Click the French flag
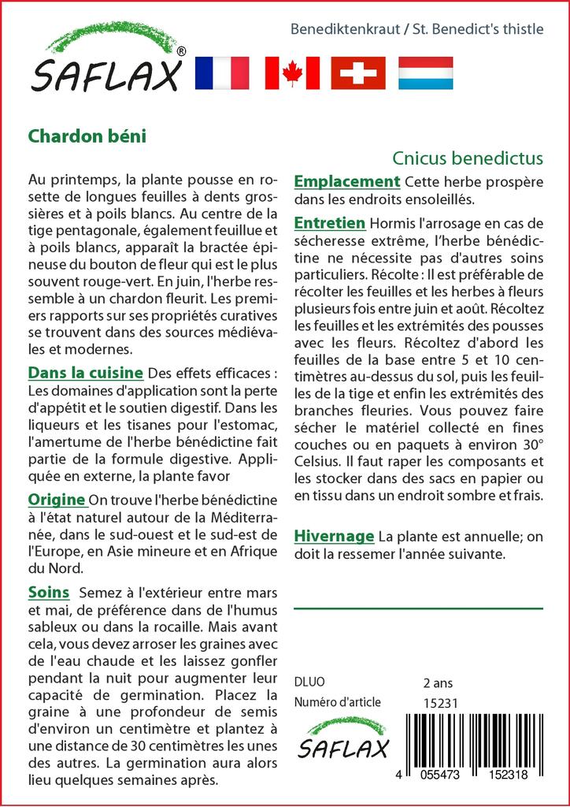[221, 73]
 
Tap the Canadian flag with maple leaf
[292, 73]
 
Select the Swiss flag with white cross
[358, 73]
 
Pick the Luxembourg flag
[425, 73]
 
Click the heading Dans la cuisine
[85, 372]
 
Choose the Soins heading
[48, 592]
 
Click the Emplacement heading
[347, 181]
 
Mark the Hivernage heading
[334, 537]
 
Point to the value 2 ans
[438, 682]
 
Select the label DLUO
[309, 682]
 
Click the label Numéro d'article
[337, 702]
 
